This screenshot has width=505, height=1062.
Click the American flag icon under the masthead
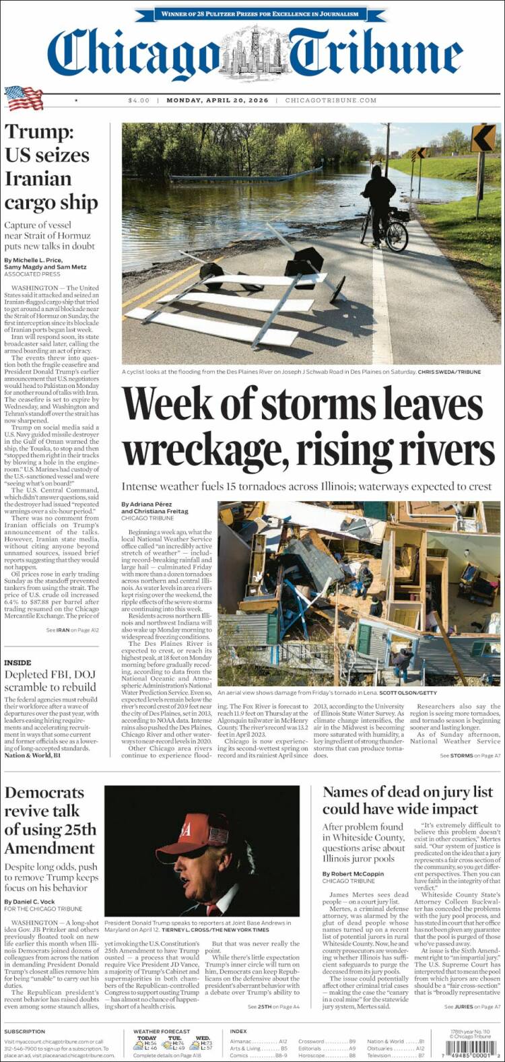click(24, 98)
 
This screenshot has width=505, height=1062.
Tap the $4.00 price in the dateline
click(139, 100)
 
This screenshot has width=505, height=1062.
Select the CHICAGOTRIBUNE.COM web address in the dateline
click(331, 100)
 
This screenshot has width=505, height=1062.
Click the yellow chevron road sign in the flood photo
click(483, 138)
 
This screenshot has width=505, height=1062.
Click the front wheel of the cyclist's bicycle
click(397, 236)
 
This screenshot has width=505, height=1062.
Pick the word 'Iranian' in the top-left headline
click(38, 178)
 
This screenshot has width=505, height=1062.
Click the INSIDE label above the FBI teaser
click(18, 663)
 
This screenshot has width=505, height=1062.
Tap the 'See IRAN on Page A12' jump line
click(72, 630)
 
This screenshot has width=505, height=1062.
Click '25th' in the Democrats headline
click(80, 829)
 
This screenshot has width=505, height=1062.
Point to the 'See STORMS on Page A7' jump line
click(470, 756)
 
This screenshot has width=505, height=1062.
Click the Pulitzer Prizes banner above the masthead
click(259, 13)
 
